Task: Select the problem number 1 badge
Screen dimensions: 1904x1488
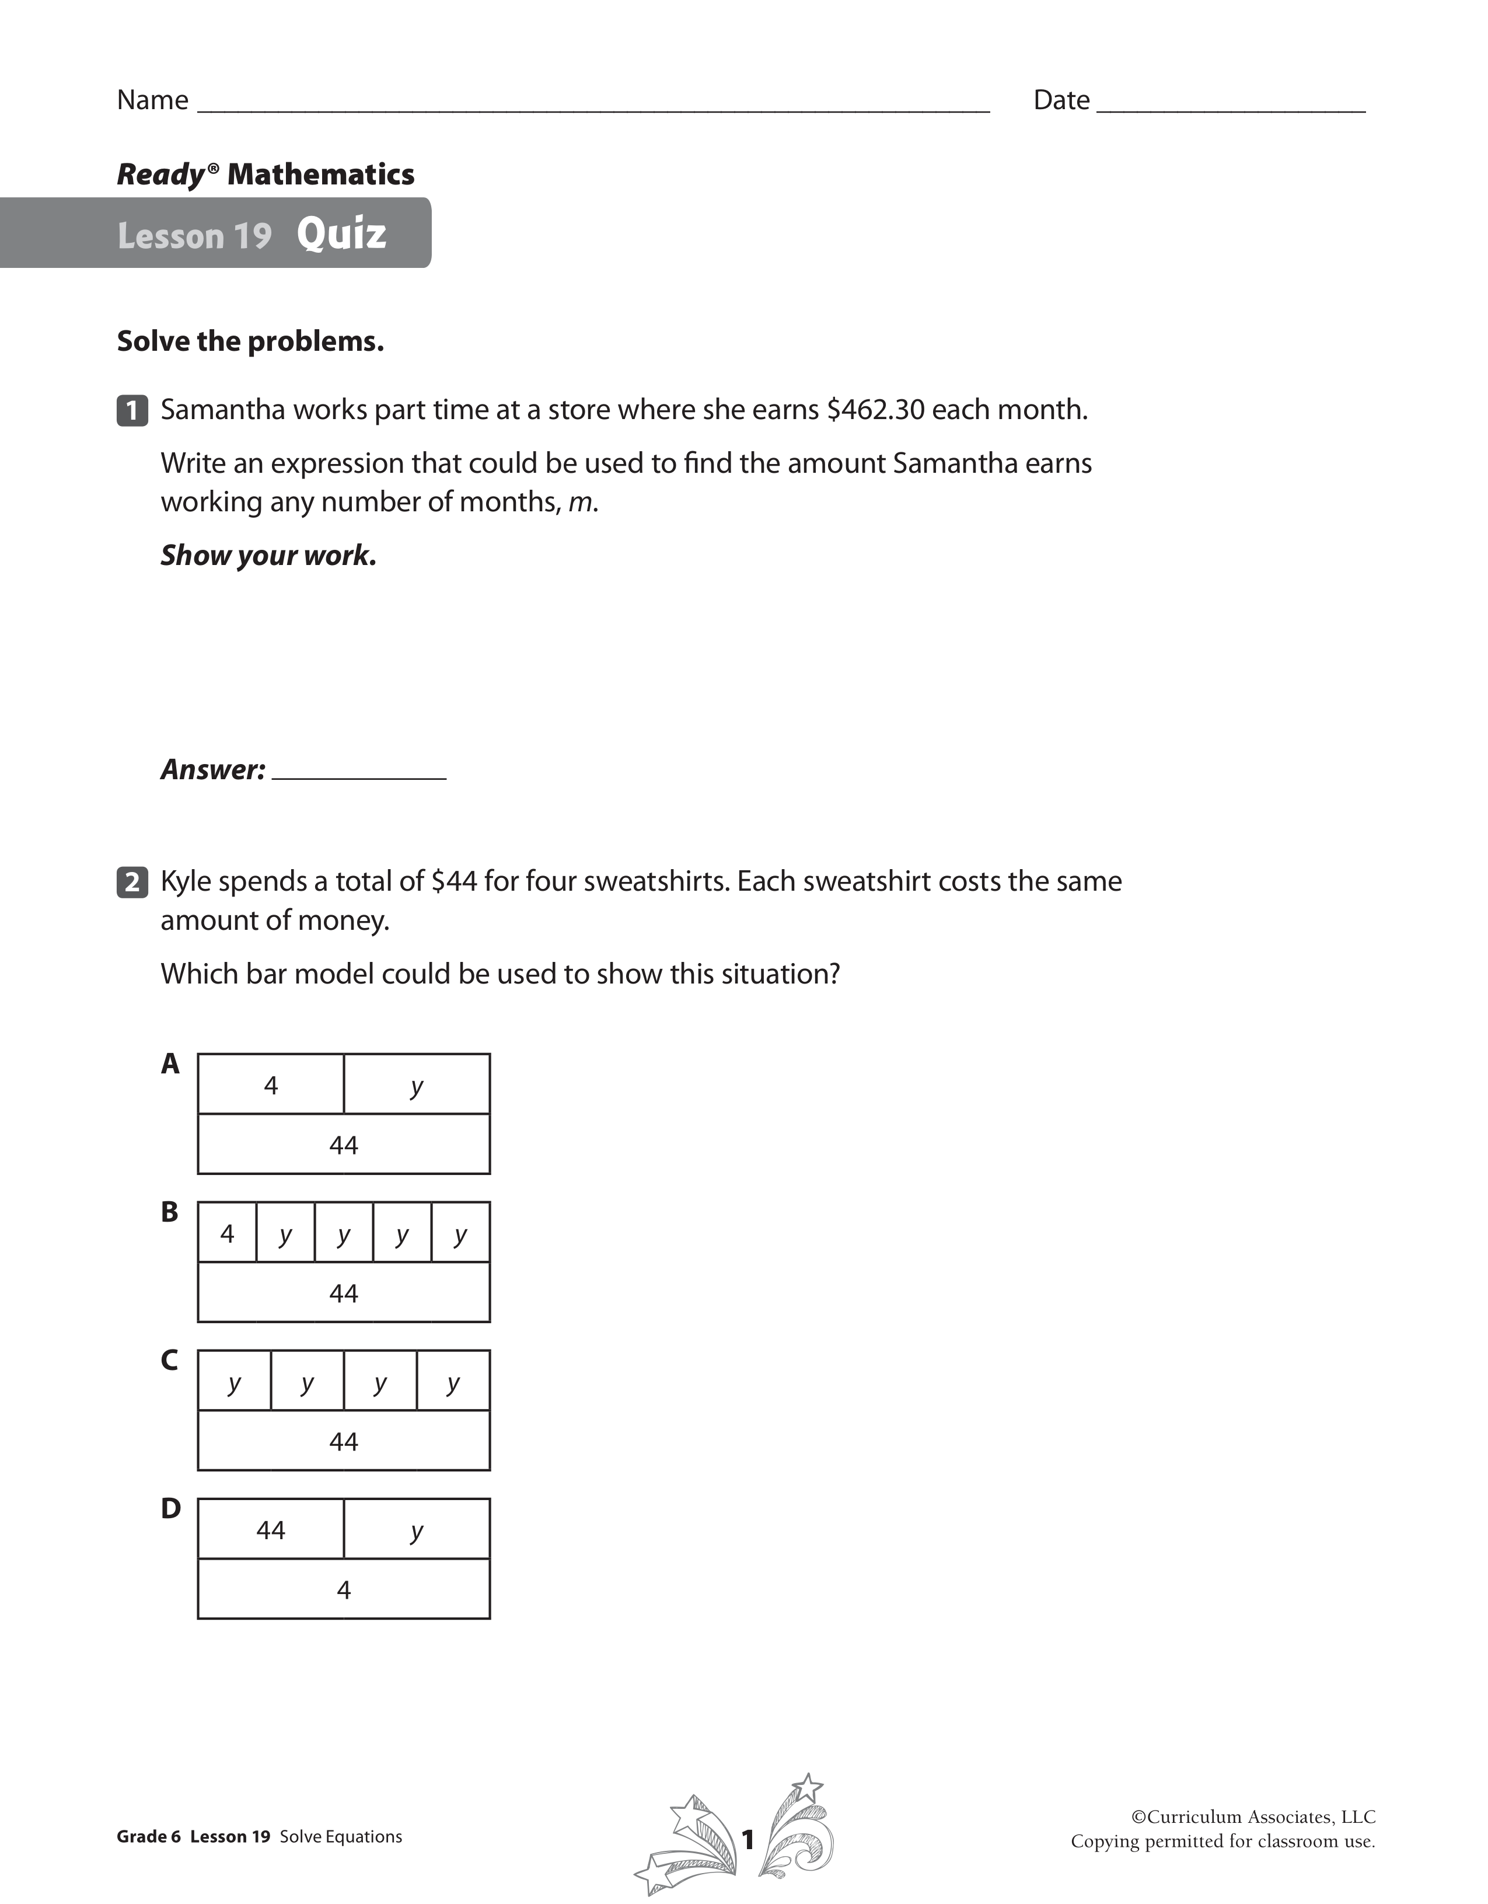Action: point(132,410)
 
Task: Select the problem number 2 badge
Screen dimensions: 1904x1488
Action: point(132,883)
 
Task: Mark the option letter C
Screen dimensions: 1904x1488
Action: point(170,1360)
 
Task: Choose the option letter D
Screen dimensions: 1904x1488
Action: point(170,1508)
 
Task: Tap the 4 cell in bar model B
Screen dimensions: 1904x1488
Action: point(228,1233)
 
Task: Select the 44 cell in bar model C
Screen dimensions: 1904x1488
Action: point(344,1441)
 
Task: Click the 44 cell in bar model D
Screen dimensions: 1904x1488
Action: point(271,1530)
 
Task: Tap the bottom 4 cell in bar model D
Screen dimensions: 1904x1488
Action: point(344,1590)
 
